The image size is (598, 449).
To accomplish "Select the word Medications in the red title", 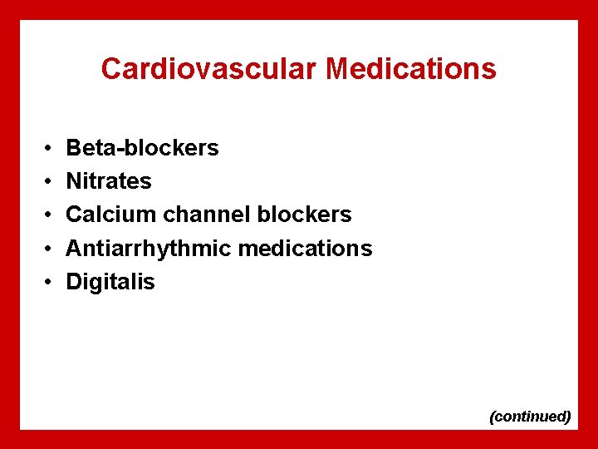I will coord(411,69).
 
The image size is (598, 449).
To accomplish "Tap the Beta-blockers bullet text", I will coord(142,148).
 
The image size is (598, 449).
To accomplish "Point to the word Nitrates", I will coord(109,181).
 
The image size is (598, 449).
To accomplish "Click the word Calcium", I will coord(111,215).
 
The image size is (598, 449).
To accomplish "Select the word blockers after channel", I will coord(304,215).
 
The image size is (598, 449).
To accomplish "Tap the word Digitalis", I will coord(110,282).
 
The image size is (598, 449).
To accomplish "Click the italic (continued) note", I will coord(531,416).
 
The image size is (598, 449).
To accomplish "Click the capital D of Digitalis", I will coord(74,282).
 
